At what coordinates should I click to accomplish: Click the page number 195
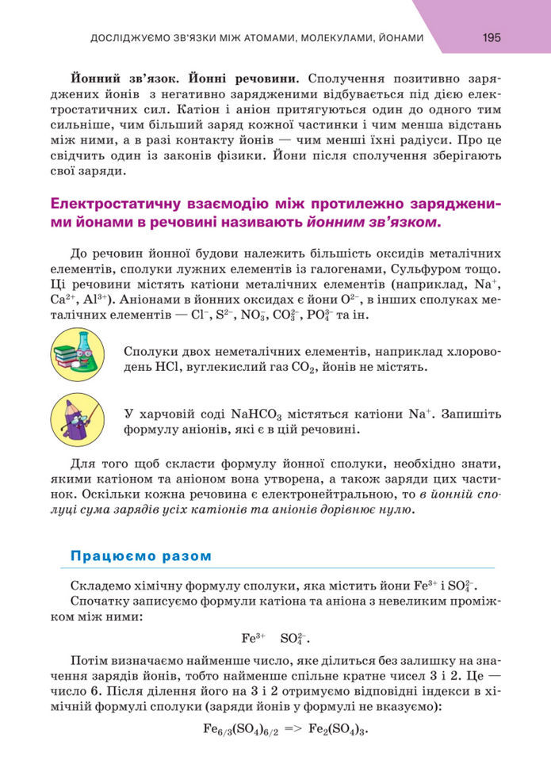pos(492,37)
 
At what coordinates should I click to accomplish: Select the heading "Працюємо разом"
pos(141,556)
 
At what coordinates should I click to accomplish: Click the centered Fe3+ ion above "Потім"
pos(253,637)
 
